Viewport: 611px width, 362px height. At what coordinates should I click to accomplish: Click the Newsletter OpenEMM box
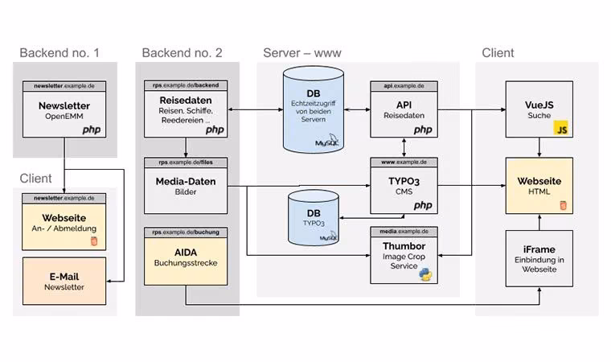[x=64, y=109]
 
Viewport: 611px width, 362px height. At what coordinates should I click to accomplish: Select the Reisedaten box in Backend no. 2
[x=186, y=109]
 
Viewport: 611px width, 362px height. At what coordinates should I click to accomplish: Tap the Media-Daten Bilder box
[x=186, y=186]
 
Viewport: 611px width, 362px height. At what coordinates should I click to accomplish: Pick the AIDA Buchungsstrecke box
[x=186, y=257]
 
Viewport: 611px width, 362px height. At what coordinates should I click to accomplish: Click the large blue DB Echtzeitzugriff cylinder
[x=314, y=109]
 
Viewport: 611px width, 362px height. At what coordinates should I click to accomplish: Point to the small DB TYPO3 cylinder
[x=314, y=218]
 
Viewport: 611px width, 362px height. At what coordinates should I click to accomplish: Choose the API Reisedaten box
[x=404, y=109]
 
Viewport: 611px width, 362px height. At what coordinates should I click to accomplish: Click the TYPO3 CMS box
[x=404, y=186]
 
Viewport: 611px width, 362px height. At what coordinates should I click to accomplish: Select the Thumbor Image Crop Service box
[x=404, y=256]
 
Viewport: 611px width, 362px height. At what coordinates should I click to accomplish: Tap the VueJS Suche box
[x=539, y=109]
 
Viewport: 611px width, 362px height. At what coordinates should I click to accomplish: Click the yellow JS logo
[x=560, y=128]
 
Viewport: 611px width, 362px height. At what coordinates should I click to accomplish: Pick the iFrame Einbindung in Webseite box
[x=539, y=258]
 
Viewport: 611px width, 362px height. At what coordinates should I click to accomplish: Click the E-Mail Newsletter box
[x=64, y=281]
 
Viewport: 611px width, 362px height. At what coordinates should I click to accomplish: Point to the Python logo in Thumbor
[x=425, y=274]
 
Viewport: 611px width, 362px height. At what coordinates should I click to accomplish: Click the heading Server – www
[x=302, y=52]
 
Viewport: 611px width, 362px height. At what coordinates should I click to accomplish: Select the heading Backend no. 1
[x=59, y=52]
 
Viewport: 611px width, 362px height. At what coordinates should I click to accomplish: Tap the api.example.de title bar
[x=404, y=86]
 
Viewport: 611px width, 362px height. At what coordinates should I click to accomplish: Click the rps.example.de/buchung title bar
[x=186, y=232]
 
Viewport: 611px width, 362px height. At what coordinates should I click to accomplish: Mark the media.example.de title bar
[x=404, y=232]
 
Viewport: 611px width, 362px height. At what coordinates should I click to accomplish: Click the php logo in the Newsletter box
[x=92, y=130]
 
